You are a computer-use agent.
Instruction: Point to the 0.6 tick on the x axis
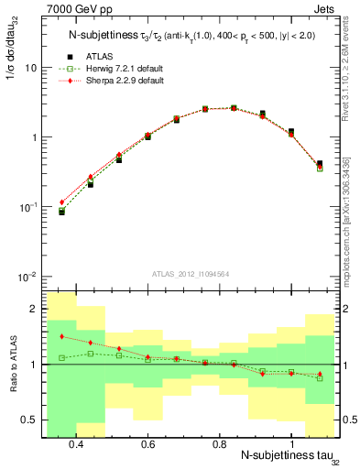[x=147, y=444]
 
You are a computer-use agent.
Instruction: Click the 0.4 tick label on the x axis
[x=76, y=444]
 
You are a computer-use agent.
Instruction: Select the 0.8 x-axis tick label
[x=219, y=444]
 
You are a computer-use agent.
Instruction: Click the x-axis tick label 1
[x=291, y=444]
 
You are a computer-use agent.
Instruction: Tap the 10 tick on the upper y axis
[x=31, y=69]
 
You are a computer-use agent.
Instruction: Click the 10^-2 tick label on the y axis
[x=27, y=277]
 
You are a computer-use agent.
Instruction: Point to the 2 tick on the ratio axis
[x=35, y=310]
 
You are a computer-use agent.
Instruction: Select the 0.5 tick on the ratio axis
[x=31, y=420]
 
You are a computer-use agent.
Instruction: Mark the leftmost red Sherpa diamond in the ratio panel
[x=61, y=336]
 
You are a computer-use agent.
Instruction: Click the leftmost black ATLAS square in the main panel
[x=61, y=212]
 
